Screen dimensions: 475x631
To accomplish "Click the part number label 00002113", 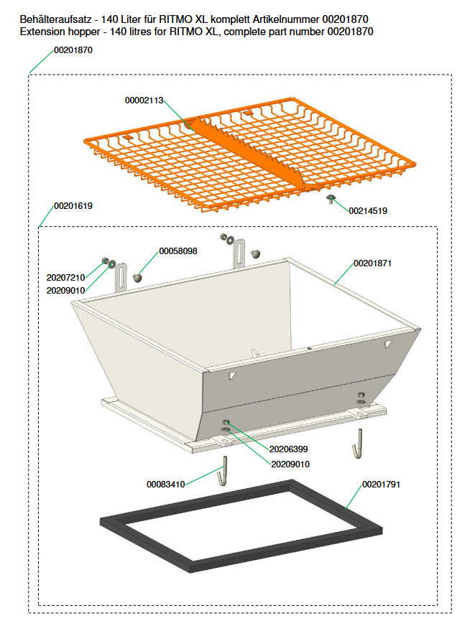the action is point(144,101).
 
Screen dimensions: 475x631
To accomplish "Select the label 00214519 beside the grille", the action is point(368,210).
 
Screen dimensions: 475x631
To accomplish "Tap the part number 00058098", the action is point(178,251).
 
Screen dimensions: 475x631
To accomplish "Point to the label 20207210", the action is point(65,277).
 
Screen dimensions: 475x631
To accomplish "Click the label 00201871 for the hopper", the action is point(372,263).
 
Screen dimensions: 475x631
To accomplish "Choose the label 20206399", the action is point(288,449).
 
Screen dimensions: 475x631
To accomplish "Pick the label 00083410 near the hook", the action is point(165,485).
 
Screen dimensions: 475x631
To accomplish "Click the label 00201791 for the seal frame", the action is point(381,485).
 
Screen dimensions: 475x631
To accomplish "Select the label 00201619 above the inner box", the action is point(73,206).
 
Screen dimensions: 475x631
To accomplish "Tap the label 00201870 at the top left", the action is point(73,50).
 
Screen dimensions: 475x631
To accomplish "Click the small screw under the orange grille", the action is point(331,198).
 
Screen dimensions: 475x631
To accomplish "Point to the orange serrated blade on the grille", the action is point(249,152).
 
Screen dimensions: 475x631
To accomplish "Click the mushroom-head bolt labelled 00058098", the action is point(137,278).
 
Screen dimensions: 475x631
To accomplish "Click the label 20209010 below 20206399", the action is point(290,464).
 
